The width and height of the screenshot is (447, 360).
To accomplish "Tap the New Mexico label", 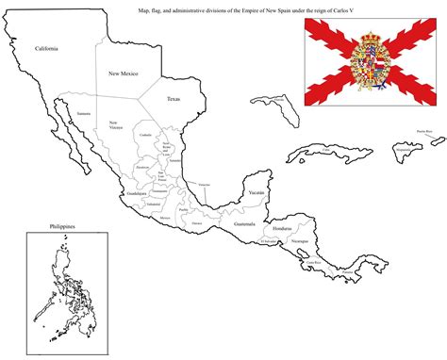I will tap(124, 74).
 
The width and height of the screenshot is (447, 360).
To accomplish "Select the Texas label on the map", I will tap(173, 98).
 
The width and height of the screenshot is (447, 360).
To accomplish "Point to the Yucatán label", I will tap(256, 192).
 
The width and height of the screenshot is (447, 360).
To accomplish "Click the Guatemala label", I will tap(245, 224).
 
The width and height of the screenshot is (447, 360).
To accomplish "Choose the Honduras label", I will tap(283, 229).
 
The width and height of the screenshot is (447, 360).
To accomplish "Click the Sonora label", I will tap(83, 113).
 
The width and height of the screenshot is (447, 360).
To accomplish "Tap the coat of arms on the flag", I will tap(362, 62).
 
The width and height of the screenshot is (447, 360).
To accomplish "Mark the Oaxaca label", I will tap(196, 223).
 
